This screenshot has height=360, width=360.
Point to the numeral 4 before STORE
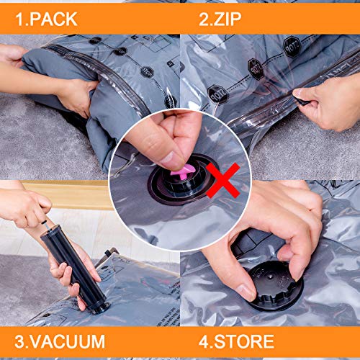pyautogui.click(x=193, y=341)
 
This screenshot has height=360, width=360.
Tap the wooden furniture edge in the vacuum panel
pyautogui.click(x=72, y=193)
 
